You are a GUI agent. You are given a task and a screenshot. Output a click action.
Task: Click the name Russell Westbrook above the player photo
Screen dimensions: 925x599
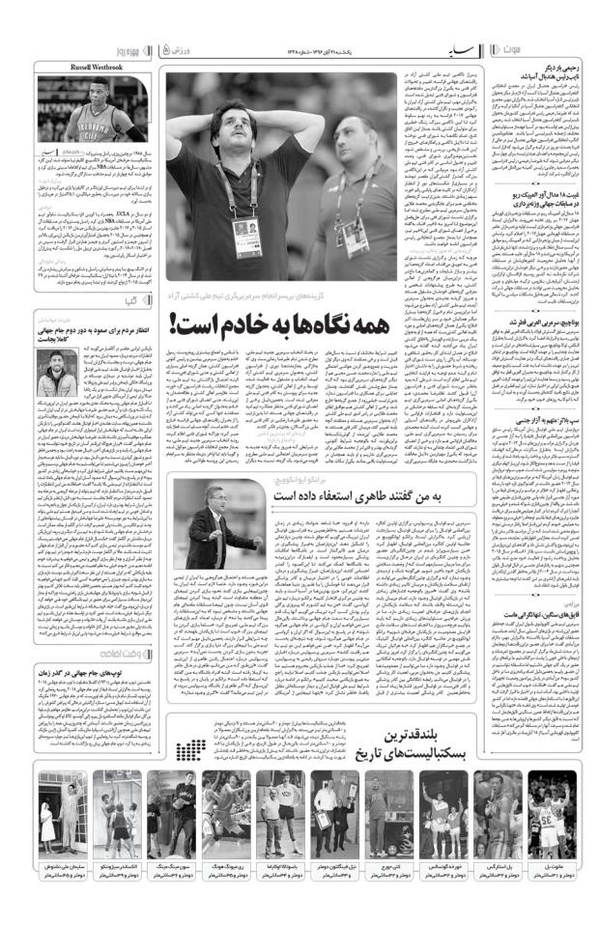pos(94,68)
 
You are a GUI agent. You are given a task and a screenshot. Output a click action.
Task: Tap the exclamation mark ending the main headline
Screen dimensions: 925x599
pos(174,322)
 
